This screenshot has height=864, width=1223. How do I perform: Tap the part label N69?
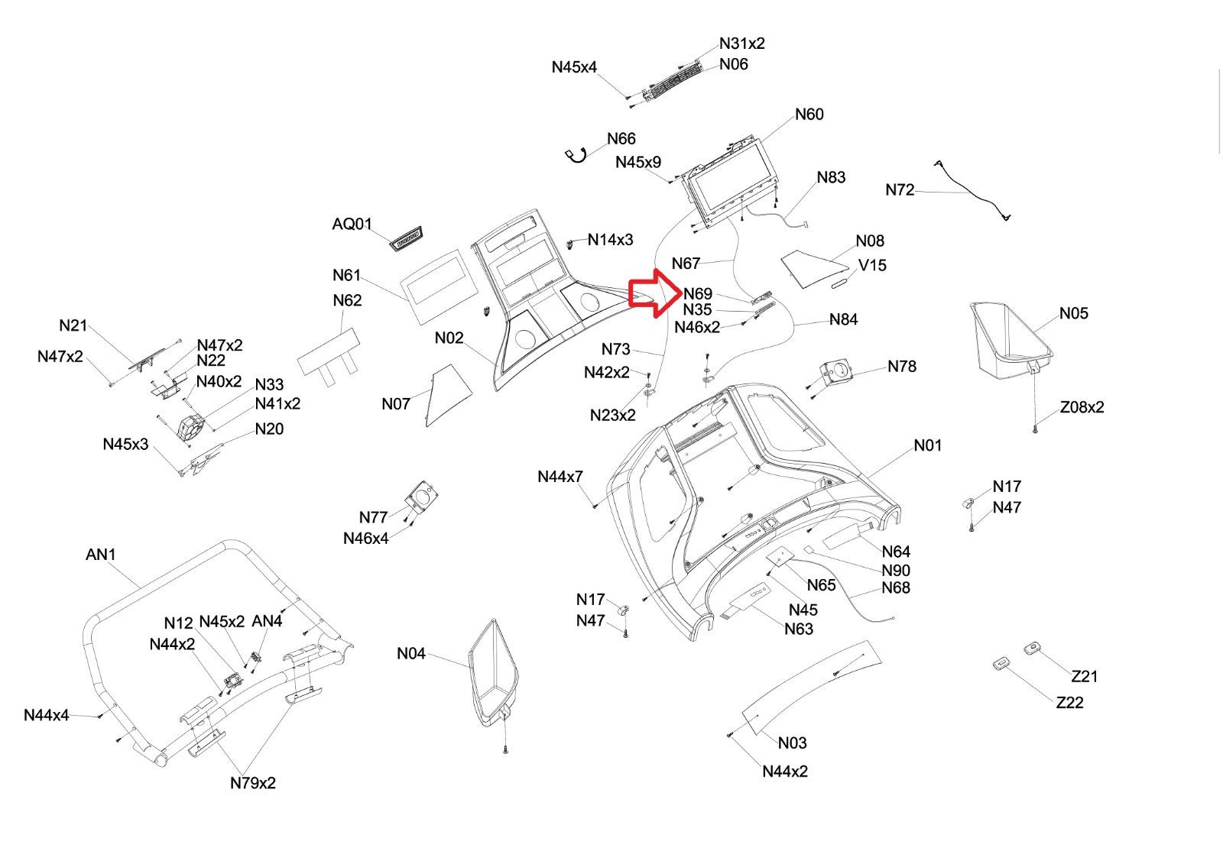(x=698, y=294)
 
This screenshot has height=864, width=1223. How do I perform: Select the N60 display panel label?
(x=809, y=115)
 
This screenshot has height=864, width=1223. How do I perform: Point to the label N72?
(x=900, y=190)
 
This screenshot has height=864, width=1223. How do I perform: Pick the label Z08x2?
(x=1082, y=407)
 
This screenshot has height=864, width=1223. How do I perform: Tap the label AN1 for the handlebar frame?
(x=101, y=555)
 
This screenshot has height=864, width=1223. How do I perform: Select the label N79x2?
(x=253, y=783)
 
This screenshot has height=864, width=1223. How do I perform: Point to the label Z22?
(x=1069, y=703)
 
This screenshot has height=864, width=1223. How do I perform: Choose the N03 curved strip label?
(x=793, y=743)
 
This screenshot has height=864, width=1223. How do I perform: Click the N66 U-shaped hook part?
(x=576, y=156)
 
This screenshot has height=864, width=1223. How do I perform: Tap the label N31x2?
(x=741, y=44)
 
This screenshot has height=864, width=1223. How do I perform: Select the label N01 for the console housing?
(x=928, y=445)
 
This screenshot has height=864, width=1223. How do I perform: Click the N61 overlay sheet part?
(x=439, y=286)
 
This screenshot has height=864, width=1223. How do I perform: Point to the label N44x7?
(x=560, y=477)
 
